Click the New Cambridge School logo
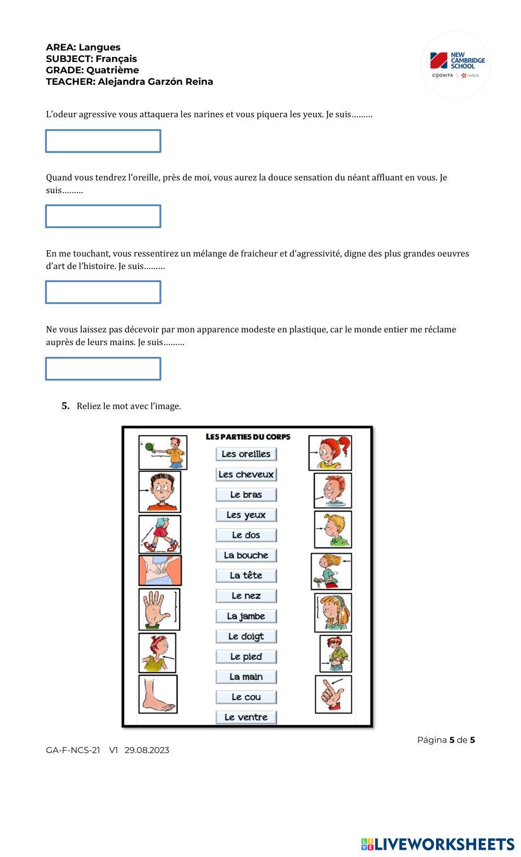(x=456, y=65)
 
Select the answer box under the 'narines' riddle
(x=103, y=141)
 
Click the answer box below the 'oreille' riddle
(x=103, y=216)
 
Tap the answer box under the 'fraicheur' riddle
(x=103, y=292)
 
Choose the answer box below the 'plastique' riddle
(x=103, y=368)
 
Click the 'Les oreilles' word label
(x=246, y=454)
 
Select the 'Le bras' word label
(x=246, y=494)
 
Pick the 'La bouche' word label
(x=246, y=555)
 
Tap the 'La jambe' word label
(x=246, y=616)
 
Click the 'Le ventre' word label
(x=246, y=717)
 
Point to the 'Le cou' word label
(x=246, y=697)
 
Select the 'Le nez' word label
(x=246, y=596)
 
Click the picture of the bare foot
(x=158, y=694)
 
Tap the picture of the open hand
(x=159, y=609)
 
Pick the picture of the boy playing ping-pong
(x=163, y=452)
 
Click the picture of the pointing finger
(x=333, y=694)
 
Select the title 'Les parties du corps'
(x=248, y=437)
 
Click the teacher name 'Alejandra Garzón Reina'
(x=155, y=82)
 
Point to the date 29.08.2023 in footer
(x=147, y=750)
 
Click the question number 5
(x=66, y=406)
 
